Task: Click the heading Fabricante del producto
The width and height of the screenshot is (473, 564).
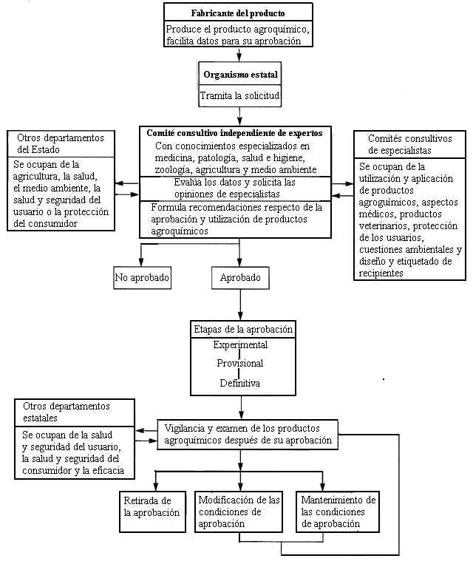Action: [x=238, y=13]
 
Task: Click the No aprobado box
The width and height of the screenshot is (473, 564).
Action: [x=143, y=279]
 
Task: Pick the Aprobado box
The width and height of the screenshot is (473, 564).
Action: [x=239, y=279]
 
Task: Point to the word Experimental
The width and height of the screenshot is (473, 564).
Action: [x=240, y=344]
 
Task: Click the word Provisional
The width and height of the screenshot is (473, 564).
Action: [x=240, y=363]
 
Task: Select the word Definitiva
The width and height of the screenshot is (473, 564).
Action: [x=240, y=383]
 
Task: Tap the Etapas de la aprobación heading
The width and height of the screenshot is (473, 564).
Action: [x=242, y=329]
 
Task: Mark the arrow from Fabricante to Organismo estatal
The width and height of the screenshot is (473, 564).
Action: [x=238, y=55]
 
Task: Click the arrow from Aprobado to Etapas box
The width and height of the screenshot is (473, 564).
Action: [x=239, y=305]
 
